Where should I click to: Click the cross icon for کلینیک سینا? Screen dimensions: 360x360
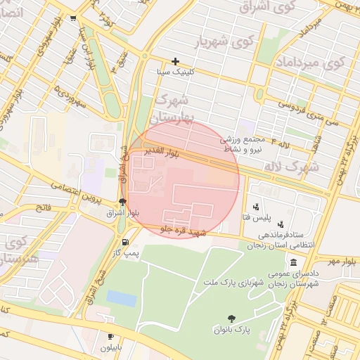point(176,62)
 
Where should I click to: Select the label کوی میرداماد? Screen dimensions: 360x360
point(314,63)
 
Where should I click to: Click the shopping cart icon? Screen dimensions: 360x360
point(73,18)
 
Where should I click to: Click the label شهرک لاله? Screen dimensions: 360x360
point(290,167)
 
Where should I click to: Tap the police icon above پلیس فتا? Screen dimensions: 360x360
point(257,207)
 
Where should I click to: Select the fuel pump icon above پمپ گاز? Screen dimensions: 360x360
point(126,242)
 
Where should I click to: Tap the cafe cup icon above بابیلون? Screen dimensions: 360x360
point(110,337)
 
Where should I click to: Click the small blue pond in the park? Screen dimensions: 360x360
point(122,299)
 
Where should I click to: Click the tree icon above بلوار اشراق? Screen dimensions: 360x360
point(123,202)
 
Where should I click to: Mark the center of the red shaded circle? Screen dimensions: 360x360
point(181,179)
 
